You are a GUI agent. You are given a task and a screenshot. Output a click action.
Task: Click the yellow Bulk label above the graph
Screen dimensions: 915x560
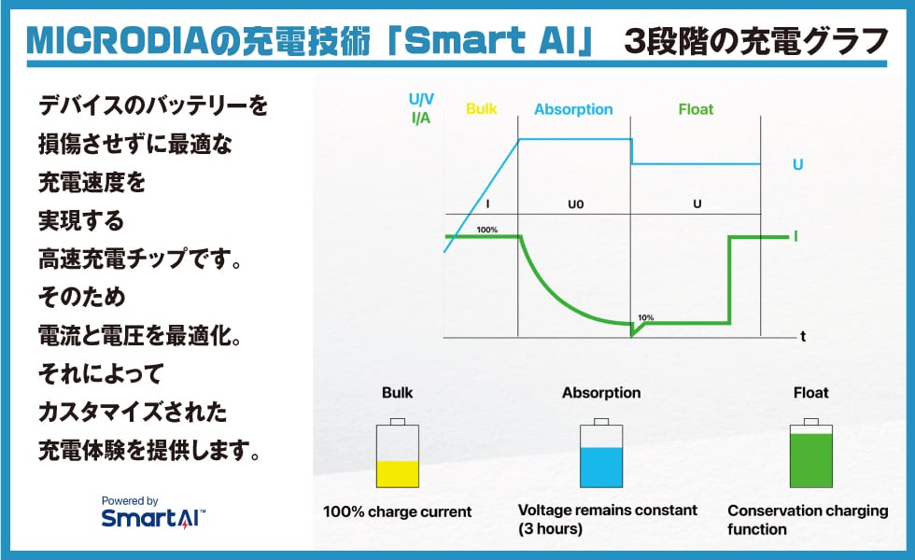coord(482,109)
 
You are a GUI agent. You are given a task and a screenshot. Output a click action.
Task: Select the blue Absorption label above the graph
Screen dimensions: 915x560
coord(573,110)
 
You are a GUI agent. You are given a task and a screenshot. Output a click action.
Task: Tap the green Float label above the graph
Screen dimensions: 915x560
coord(696,109)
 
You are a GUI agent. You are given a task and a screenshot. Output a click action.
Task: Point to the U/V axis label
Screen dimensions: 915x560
coord(421,99)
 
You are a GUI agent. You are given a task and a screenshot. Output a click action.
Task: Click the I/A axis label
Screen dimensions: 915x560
coord(421,118)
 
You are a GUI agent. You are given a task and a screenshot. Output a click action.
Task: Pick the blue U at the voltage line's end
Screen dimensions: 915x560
coord(797,164)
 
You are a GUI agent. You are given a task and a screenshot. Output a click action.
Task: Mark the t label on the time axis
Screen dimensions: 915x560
coord(803,336)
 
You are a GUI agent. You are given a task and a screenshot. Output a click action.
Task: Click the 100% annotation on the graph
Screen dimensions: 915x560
coord(486,230)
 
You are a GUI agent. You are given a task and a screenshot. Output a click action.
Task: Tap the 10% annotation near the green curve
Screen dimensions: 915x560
coord(645,318)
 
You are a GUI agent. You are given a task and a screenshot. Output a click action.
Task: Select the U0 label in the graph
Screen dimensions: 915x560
coord(575,204)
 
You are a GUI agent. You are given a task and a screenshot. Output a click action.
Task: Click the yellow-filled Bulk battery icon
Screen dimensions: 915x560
coord(398,454)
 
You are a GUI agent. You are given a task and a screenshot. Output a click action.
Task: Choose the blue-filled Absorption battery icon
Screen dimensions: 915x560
coord(601,454)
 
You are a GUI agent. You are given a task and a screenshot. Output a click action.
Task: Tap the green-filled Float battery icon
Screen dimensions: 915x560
coord(810,454)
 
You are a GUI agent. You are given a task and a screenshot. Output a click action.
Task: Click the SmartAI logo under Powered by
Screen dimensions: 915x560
coord(153,518)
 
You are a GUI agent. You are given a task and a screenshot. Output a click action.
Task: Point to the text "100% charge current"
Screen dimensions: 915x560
coord(397,511)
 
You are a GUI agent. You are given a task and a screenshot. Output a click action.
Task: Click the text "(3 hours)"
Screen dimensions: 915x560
coord(550,528)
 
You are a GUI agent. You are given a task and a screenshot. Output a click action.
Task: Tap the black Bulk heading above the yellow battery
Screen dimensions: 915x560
coord(398,393)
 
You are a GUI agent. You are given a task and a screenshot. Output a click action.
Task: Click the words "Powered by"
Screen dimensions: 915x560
coord(130,500)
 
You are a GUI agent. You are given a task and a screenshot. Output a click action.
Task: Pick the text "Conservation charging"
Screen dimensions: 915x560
coord(808,511)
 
